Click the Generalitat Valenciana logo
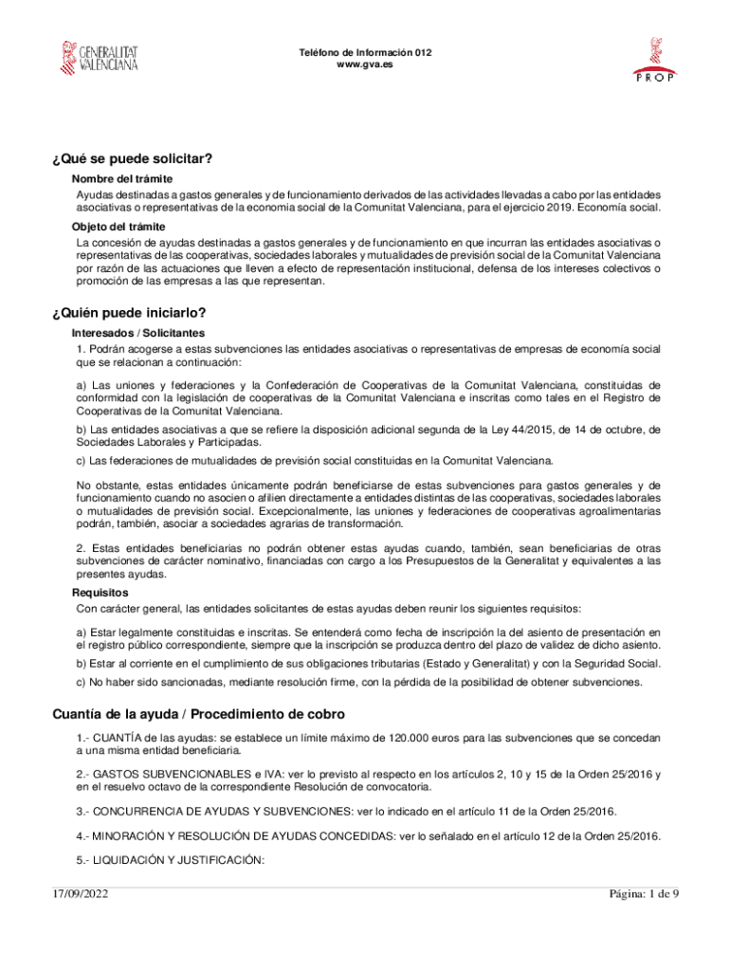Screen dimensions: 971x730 [x=100, y=58]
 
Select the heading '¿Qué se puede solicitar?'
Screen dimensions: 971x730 [x=132, y=158]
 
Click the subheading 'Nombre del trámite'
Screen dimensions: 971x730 [x=121, y=179]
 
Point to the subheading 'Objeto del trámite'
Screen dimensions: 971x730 [x=119, y=227]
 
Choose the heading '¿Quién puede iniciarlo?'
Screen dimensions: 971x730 [x=129, y=313]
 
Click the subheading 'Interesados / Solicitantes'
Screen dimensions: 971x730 [x=138, y=334]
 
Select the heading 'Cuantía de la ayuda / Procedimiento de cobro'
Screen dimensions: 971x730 [x=198, y=714]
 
